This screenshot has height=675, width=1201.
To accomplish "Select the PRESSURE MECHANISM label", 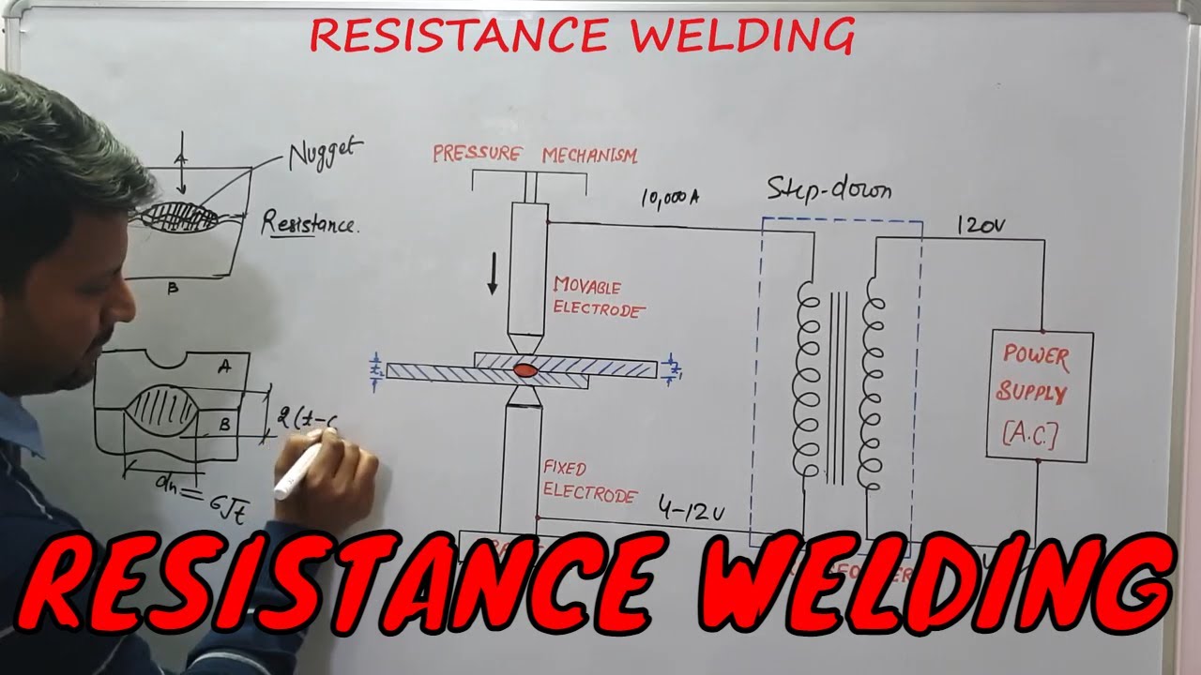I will click(534, 155).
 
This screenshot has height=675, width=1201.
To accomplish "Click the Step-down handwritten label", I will click(829, 190).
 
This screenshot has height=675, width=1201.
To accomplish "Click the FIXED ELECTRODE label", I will click(588, 481).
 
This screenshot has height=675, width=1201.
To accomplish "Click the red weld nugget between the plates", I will click(526, 371).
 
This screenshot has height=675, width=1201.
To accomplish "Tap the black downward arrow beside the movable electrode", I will click(492, 274).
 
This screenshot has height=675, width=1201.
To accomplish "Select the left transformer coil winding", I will click(808, 380).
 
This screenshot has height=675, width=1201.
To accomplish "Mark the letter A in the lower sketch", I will click(224, 368).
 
